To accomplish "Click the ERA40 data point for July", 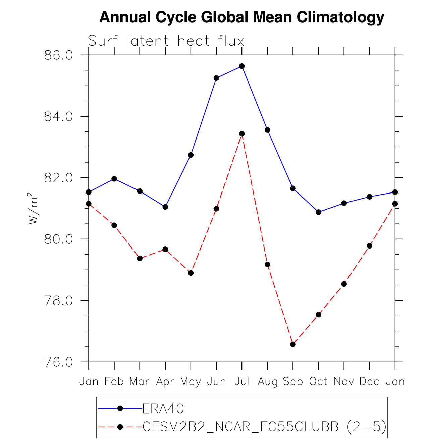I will (242, 66).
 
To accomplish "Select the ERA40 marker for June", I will (216, 78).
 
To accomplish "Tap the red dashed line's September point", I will (293, 344).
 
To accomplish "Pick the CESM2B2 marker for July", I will (242, 134).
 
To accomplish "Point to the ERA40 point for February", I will (114, 179).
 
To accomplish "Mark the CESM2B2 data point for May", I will (191, 273).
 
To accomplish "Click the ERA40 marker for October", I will (318, 212).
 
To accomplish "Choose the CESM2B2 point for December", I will (370, 246).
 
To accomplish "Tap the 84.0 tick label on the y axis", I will (59, 117).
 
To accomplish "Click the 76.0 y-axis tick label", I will (59, 362).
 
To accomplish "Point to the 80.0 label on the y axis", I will (59, 239).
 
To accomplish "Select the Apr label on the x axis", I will (165, 382).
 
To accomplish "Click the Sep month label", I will (293, 382).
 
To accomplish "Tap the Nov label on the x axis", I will (344, 382).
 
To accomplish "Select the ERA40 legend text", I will (163, 408).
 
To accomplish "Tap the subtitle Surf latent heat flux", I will (166, 41).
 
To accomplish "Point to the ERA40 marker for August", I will (267, 130).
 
